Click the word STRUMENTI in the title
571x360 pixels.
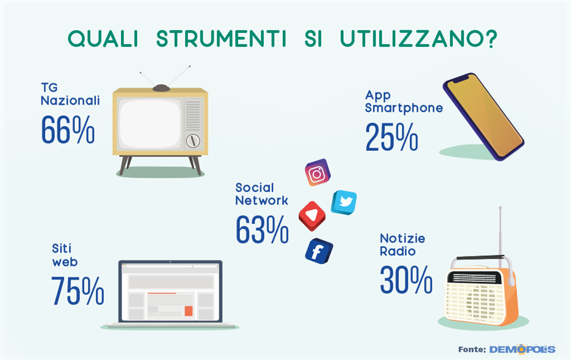221,39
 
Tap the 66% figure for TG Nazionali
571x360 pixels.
68,129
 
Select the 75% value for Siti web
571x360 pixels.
78,290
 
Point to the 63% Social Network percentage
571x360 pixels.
262,229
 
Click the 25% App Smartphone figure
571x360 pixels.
392,137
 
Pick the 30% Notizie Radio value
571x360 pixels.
406,279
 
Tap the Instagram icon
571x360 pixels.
317,173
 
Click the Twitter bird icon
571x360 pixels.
344,202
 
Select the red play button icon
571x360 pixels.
312,216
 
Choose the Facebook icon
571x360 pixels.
319,251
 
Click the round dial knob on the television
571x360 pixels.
193,141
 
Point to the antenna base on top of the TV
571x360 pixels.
162,88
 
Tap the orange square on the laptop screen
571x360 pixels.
188,311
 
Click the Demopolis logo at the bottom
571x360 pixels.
522,349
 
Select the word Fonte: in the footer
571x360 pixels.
472,350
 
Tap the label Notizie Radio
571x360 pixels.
403,245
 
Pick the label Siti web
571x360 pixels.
65,255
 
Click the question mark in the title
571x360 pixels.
491,39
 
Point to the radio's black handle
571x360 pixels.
480,257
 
